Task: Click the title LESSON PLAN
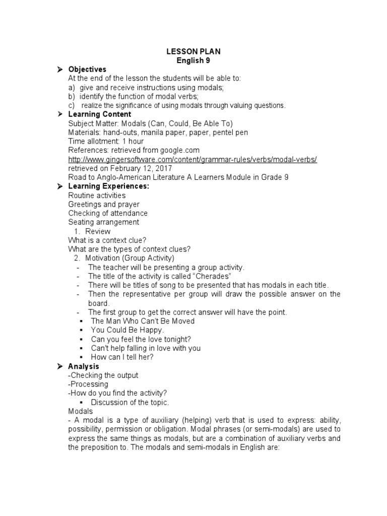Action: (x=193, y=51)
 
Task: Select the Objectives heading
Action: (x=87, y=69)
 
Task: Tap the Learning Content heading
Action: (x=99, y=114)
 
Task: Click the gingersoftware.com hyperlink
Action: (x=192, y=159)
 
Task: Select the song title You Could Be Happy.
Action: (x=127, y=330)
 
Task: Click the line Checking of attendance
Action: (x=108, y=213)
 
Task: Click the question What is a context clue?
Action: (x=107, y=240)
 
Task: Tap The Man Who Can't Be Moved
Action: (x=143, y=321)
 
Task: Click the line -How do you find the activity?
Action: (x=117, y=393)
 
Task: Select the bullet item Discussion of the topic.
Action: (x=130, y=402)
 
